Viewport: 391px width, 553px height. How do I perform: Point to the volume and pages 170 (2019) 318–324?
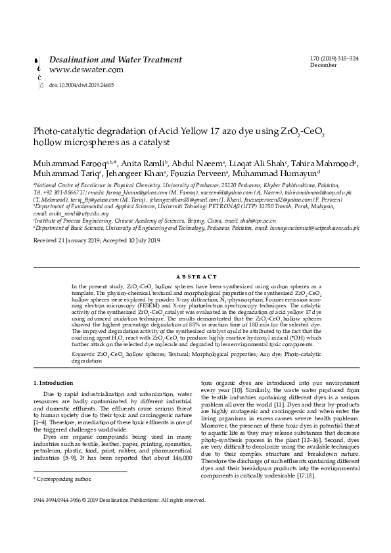pos(334,58)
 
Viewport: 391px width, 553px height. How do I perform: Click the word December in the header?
pos(323,65)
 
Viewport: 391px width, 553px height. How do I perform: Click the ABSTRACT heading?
pos(196,277)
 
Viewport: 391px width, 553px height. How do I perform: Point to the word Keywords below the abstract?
pos(83,353)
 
